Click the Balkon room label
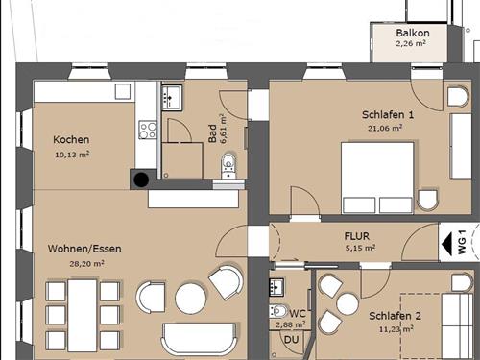(413, 33)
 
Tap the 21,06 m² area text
(385, 128)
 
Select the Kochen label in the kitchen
(71, 139)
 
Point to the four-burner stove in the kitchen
(148, 130)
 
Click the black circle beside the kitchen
(141, 180)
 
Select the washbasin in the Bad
(172, 98)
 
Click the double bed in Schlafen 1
(377, 178)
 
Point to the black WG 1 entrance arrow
(446, 244)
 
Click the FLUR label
(357, 236)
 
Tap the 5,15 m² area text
(361, 248)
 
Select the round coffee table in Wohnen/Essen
(190, 299)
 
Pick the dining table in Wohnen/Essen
(83, 316)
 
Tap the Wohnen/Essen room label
(84, 249)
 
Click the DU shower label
(291, 340)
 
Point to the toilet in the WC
(277, 311)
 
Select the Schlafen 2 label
(395, 316)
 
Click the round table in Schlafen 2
(348, 304)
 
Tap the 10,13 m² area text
(72, 155)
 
